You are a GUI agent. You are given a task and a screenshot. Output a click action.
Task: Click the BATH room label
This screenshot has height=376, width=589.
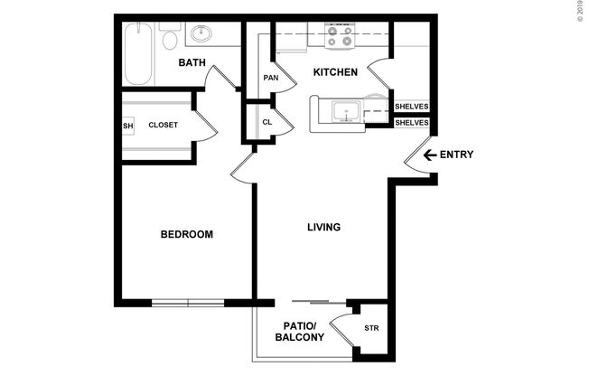[x=192, y=62]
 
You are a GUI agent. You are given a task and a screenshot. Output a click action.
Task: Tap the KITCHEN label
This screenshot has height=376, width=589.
[x=335, y=72]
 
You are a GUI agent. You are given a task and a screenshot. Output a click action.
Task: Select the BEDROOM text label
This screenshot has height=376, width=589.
[x=186, y=235]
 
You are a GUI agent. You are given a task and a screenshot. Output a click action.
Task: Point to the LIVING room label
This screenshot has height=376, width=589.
[x=323, y=227]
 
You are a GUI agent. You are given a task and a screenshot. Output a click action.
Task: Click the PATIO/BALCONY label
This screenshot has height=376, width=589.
[x=299, y=332]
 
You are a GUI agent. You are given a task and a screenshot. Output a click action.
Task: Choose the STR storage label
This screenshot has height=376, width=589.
[x=370, y=328]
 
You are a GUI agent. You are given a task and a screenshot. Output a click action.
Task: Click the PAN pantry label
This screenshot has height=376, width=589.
[x=270, y=78]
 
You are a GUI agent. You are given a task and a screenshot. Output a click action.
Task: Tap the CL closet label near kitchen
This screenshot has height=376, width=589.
[x=267, y=122]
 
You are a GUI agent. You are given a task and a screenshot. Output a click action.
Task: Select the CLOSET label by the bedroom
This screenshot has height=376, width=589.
[x=163, y=125]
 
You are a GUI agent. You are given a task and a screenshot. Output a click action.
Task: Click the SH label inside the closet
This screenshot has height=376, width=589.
[x=127, y=125]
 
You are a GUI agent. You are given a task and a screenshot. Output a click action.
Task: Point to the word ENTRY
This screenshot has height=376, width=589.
[x=456, y=155]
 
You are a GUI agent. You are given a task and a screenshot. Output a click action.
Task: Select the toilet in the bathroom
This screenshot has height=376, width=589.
[x=169, y=38]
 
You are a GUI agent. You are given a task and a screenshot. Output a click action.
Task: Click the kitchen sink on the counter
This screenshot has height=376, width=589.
[x=344, y=112]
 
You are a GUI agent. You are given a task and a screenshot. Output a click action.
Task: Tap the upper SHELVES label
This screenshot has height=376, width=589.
[x=411, y=107]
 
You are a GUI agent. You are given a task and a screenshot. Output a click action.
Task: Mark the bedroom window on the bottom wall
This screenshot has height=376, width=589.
[x=187, y=302]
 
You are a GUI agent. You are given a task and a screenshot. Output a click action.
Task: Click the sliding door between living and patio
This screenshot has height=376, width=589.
[x=318, y=301]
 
